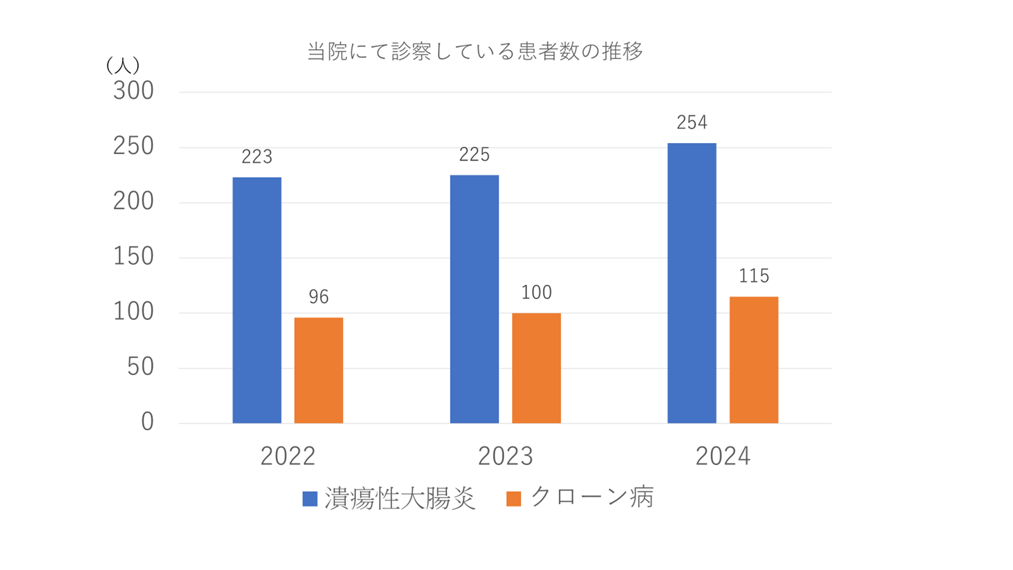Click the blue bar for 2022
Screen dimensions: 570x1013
(257, 300)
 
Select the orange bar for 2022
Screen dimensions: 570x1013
(319, 370)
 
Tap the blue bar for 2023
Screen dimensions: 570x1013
(474, 299)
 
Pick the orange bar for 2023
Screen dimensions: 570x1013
(536, 368)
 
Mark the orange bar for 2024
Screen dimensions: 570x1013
(754, 360)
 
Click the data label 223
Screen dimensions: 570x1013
(257, 156)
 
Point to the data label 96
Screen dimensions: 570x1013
(319, 297)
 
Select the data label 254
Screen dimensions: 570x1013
(692, 122)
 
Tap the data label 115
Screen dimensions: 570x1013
(754, 276)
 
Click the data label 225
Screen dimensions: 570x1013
(474, 154)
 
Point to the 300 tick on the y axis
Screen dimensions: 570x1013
(134, 91)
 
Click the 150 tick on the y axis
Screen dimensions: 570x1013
(134, 257)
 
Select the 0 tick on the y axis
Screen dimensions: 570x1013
(147, 422)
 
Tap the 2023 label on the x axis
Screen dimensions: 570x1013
(505, 456)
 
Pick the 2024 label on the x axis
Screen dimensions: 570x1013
(723, 456)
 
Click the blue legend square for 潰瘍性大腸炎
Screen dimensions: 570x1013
(310, 499)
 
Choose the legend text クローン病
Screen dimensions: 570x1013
(591, 498)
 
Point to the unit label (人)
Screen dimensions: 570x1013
(123, 65)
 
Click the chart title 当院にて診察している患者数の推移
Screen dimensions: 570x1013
(475, 52)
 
